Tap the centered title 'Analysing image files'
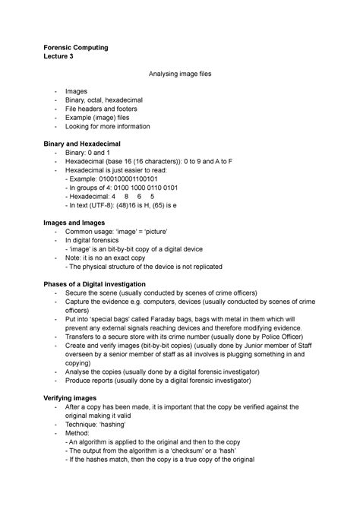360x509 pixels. point(180,74)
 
